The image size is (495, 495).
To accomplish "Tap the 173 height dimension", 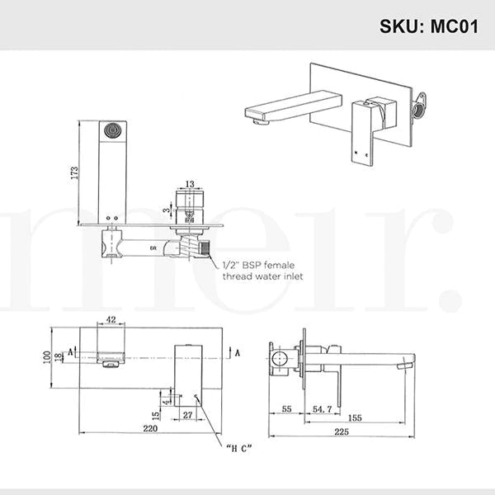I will click(74, 172).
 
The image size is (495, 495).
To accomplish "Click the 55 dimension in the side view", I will click(286, 408).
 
